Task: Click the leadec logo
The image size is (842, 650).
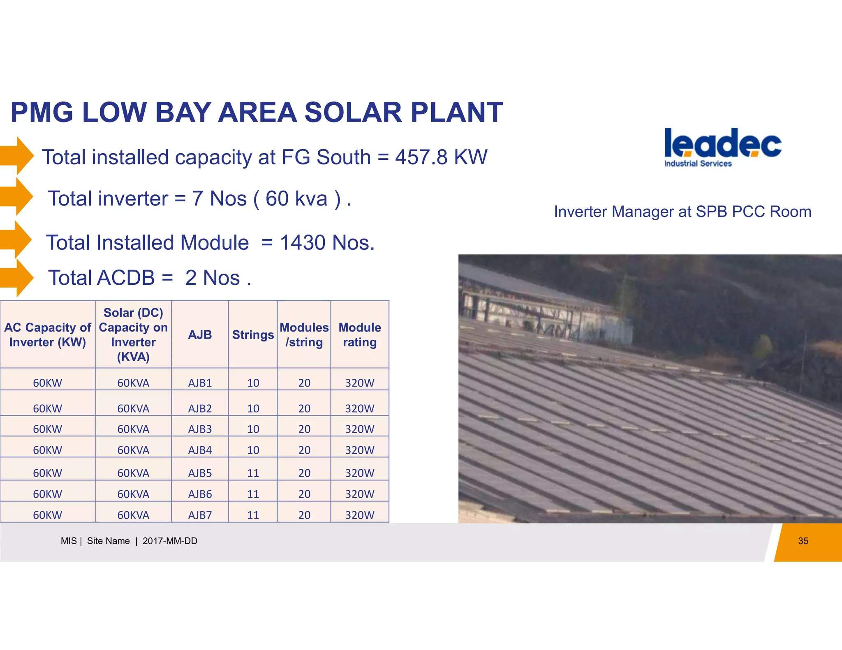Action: [722, 147]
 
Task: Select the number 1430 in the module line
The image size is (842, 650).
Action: [303, 242]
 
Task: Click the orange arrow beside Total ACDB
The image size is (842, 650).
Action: [17, 278]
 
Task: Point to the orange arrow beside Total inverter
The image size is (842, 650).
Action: [17, 197]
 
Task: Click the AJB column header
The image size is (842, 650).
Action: [200, 335]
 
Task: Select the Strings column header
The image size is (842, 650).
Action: [253, 335]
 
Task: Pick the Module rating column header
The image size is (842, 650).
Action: [360, 335]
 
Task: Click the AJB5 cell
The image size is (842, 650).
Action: [200, 473]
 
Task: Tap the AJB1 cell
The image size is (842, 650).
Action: [200, 383]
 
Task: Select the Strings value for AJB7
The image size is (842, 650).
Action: [253, 515]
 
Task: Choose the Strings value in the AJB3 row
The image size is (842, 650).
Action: [253, 429]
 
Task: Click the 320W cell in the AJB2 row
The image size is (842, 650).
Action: [360, 408]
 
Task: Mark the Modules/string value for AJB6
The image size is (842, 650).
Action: [304, 494]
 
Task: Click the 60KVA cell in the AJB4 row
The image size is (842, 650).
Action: [133, 450]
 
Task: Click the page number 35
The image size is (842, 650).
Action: [803, 541]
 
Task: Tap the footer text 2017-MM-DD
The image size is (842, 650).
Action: [170, 541]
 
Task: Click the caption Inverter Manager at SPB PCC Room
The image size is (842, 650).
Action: [682, 212]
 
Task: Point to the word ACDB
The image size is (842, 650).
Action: [126, 278]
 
